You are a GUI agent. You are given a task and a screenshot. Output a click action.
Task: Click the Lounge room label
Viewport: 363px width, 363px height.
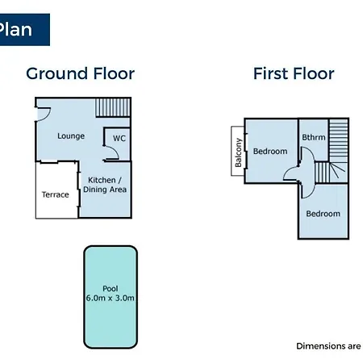[x=71, y=136]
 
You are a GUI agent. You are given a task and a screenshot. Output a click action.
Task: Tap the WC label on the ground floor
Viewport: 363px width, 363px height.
[x=119, y=138]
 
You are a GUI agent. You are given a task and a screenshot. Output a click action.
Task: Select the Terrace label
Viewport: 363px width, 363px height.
[x=56, y=194]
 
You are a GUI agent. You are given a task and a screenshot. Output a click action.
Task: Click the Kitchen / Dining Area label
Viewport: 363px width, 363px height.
[x=105, y=185]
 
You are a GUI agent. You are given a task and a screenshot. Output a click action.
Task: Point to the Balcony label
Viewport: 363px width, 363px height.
[x=238, y=152]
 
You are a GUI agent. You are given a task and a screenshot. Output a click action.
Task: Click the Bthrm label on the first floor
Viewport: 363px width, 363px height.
[x=314, y=137]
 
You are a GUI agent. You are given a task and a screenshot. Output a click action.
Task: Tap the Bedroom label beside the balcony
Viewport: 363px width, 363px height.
[x=270, y=151]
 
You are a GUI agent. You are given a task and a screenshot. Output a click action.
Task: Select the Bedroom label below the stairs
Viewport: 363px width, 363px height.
[x=323, y=214]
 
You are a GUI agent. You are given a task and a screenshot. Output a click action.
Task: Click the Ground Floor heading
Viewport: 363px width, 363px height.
[x=81, y=73]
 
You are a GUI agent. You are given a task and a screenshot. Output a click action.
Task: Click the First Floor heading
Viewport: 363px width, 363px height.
[x=294, y=73]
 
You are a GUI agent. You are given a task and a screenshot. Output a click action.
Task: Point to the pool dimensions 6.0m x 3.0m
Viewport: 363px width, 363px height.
[x=111, y=298]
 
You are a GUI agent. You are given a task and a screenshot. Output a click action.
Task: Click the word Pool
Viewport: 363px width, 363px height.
[x=111, y=289]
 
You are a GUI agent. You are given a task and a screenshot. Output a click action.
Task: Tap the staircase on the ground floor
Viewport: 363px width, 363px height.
[x=113, y=107]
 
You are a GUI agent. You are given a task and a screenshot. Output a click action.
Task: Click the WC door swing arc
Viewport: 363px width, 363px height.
[x=115, y=151]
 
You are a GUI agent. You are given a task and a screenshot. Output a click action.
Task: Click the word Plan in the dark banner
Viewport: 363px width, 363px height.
[x=15, y=29]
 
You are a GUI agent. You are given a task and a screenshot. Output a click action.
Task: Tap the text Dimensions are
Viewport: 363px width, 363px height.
[x=328, y=346]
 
